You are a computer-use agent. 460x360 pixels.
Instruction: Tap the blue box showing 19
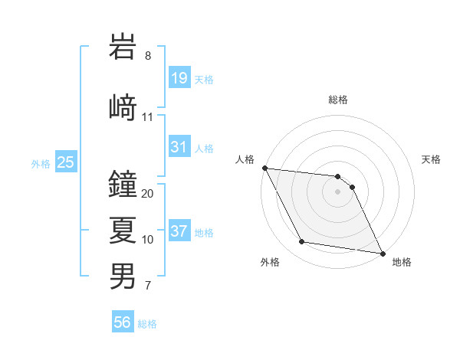[179, 78]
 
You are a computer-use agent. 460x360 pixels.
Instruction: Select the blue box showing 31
[179, 147]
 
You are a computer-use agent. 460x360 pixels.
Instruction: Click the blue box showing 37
[179, 232]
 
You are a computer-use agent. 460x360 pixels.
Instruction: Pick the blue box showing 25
[65, 162]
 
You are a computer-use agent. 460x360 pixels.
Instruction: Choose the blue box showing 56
[123, 323]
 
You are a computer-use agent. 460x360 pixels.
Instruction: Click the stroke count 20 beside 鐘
[148, 194]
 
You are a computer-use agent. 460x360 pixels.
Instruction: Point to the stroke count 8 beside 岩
[148, 56]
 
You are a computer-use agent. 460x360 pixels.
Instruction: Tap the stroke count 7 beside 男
[148, 286]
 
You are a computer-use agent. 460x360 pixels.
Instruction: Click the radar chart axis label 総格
[338, 100]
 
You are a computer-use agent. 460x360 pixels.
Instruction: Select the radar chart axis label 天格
[432, 159]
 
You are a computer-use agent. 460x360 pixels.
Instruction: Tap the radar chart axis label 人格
[245, 159]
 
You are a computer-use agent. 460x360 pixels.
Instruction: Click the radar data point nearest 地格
[382, 253]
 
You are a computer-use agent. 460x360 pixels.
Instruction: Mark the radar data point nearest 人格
[264, 168]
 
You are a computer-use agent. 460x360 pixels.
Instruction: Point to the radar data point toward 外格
[301, 242]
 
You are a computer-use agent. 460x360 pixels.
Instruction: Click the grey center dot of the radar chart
[338, 191]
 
